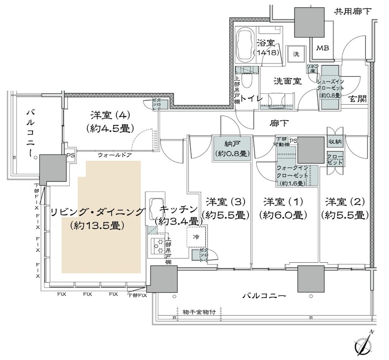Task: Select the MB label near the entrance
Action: [x=323, y=48]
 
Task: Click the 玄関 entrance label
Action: [x=358, y=99]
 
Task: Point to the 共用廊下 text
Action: [x=353, y=12]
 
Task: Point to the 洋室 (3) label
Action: [x=226, y=202]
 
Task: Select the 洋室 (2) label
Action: [x=344, y=202]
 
